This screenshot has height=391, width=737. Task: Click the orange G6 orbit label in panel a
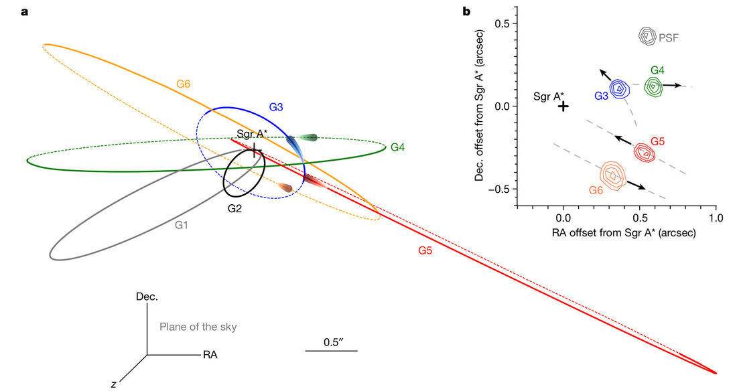[184, 84]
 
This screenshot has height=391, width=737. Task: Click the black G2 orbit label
[234, 208]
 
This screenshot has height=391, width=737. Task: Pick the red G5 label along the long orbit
[426, 250]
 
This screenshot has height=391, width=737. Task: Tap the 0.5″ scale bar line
[332, 350]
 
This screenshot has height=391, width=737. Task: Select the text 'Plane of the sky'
[198, 327]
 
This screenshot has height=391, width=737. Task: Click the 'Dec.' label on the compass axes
[147, 297]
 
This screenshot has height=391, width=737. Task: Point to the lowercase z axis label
[114, 384]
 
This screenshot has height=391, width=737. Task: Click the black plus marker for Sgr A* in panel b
[563, 106]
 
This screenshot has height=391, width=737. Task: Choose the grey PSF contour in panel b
[648, 36]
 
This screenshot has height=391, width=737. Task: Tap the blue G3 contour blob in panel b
[619, 88]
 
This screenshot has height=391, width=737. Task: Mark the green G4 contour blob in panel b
[653, 86]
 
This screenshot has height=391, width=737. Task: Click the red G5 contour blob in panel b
[645, 153]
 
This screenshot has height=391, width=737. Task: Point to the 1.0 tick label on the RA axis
[716, 218]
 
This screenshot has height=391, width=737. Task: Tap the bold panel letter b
[466, 11]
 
